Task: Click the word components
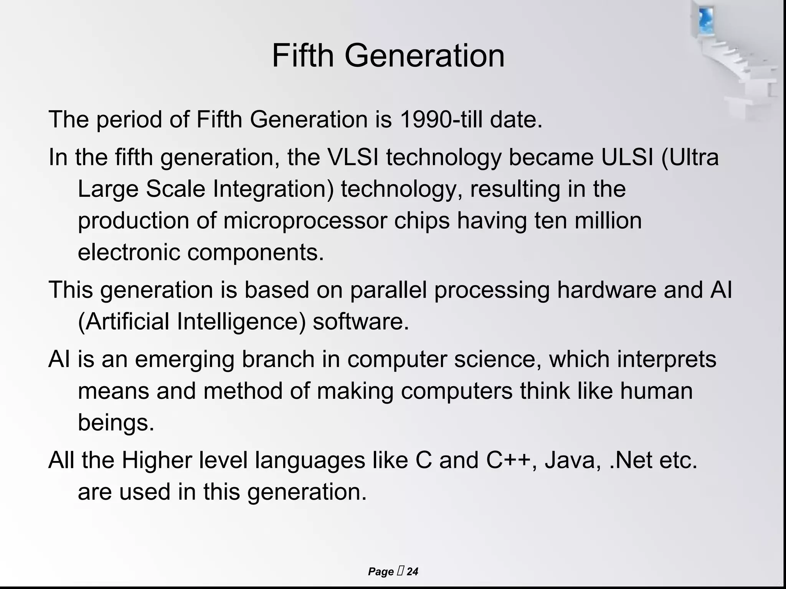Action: click(x=256, y=252)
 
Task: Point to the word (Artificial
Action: click(x=123, y=321)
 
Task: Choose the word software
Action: click(x=360, y=321)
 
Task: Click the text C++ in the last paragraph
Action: click(x=509, y=460)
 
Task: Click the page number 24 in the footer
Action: click(x=412, y=572)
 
